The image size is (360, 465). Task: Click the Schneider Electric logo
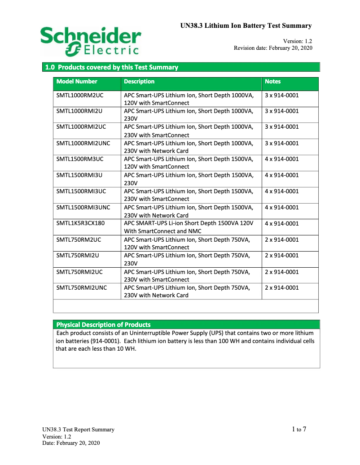90,41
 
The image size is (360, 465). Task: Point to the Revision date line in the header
273,48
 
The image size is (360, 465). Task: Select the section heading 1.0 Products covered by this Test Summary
111,67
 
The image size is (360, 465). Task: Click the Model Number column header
77,82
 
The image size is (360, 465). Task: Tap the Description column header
139,82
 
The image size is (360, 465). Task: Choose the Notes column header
272,82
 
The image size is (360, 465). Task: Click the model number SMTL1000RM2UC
80,95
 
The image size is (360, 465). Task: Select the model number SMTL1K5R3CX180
80,223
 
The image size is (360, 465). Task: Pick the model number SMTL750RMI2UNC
82,287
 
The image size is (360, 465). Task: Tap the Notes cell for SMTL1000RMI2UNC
281,143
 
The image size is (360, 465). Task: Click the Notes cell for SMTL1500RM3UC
281,159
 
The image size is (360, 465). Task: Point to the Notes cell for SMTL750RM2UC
281,239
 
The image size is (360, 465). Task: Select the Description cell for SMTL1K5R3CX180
189,227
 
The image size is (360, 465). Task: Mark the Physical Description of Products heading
103,325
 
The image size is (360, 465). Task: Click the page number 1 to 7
299,430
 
